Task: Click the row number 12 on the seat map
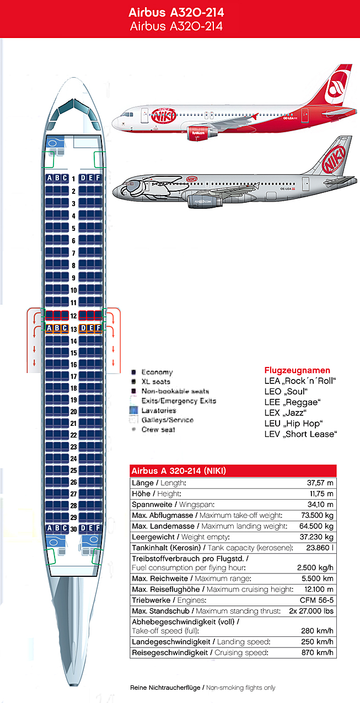pos(73,316)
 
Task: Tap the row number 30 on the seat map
pos(73,529)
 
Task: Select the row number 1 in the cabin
pos(73,179)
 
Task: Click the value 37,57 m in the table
pos(320,483)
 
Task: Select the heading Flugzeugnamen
pos(297,370)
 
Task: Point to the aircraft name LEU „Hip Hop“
pos(293,423)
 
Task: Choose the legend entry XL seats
pos(156,381)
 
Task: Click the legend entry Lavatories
pos(159,410)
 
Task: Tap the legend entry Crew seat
pos(158,429)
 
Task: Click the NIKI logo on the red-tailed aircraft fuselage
pos(164,116)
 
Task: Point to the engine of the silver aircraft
pos(205,202)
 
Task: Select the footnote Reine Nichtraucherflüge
pos(165,688)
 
